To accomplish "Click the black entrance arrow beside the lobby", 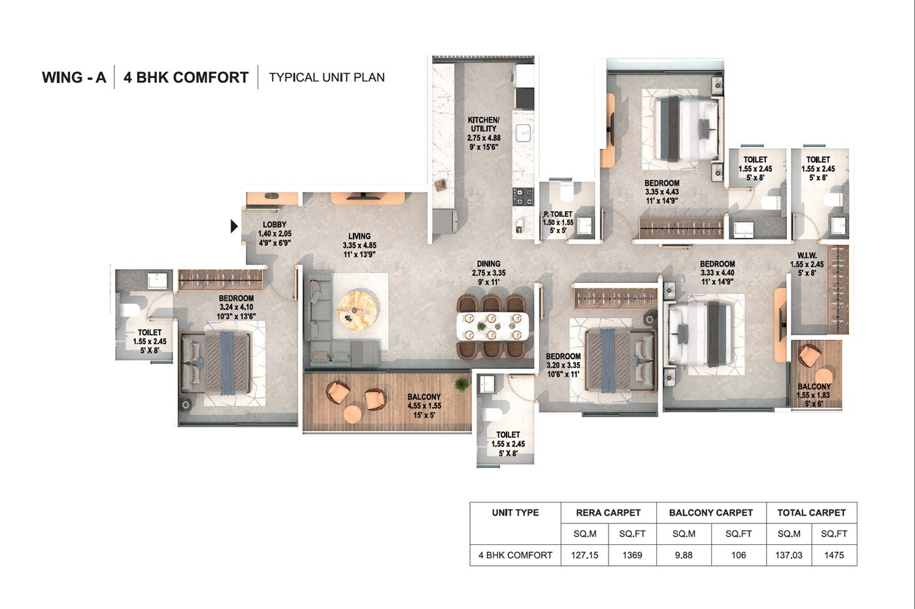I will click(234, 226).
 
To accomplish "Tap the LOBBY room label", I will click(274, 225).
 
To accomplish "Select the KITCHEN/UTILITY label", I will click(484, 124).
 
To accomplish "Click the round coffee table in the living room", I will click(358, 308).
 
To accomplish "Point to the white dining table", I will click(493, 326).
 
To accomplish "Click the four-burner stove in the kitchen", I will click(522, 197).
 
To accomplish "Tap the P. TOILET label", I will click(557, 214).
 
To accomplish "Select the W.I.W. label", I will click(807, 255).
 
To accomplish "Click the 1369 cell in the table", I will click(632, 555).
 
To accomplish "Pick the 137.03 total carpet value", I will click(789, 555).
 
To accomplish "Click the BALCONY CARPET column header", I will click(710, 513).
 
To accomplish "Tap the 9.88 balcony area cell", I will click(684, 555).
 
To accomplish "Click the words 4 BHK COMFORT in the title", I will click(186, 78).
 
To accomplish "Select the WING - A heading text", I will click(74, 78).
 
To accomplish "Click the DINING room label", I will click(488, 264).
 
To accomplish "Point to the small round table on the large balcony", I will click(353, 414).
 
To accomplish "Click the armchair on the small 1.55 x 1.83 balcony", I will click(810, 355).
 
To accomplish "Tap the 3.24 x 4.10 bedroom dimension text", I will click(236, 307).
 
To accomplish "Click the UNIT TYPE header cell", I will click(515, 513).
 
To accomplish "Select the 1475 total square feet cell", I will click(834, 555).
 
